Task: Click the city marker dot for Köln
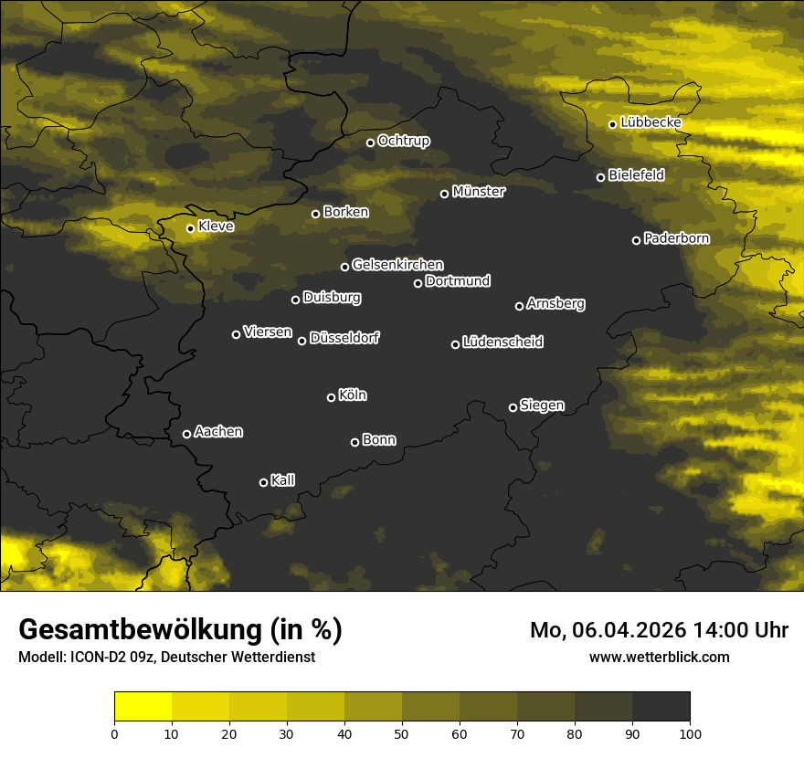click(x=331, y=397)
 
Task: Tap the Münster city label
click(x=478, y=192)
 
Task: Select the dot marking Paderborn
click(x=636, y=240)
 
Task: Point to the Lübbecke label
click(x=651, y=122)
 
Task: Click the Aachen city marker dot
click(x=186, y=434)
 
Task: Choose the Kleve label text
click(x=216, y=226)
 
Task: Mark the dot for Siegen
click(x=513, y=407)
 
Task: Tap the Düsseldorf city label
click(x=344, y=338)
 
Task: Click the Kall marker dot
click(x=263, y=482)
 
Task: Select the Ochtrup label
click(x=403, y=141)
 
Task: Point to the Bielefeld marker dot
click(x=600, y=177)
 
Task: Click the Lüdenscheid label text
click(x=503, y=342)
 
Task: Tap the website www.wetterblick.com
click(x=659, y=657)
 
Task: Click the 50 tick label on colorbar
click(x=402, y=732)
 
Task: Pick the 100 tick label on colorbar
click(x=689, y=732)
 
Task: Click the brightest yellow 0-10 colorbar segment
click(x=143, y=707)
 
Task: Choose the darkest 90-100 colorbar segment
click(x=661, y=707)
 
